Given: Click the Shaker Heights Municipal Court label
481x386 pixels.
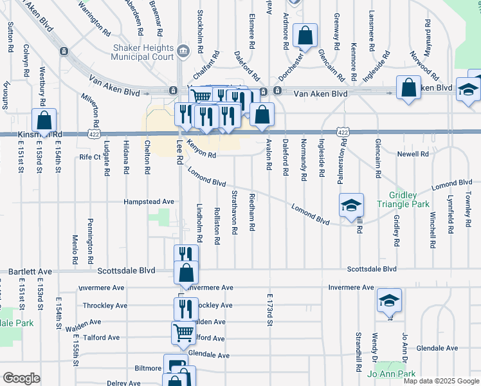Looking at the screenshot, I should point(143,52).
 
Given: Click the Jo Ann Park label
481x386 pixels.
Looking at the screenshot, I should point(392,374).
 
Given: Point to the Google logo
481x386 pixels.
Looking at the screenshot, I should point(21,378).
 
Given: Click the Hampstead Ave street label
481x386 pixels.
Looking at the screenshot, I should point(150,201).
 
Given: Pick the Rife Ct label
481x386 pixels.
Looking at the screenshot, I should point(90,156).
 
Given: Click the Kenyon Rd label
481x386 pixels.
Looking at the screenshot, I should point(201,149).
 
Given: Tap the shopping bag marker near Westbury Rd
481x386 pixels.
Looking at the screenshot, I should point(44,120).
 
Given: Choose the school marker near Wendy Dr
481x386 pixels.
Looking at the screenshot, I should point(389,300).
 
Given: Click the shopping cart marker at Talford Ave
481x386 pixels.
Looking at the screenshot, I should point(183,333).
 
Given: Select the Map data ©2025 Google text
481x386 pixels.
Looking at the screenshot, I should point(441,380).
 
